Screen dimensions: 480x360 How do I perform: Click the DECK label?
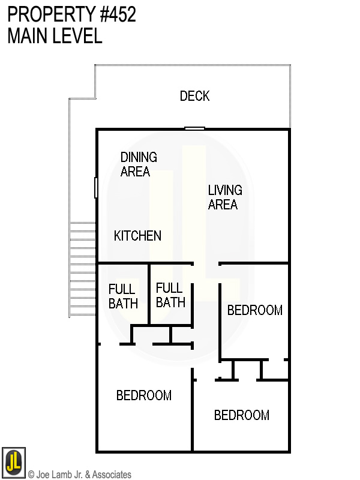pyautogui.click(x=195, y=96)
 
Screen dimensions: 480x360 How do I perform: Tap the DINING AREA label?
pyautogui.click(x=139, y=164)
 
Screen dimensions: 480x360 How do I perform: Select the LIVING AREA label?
pyautogui.click(x=225, y=197)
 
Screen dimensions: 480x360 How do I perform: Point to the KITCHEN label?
pyautogui.click(x=137, y=236)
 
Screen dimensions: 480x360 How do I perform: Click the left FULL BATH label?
pyautogui.click(x=123, y=296)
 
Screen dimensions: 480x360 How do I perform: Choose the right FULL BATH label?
pyautogui.click(x=170, y=295)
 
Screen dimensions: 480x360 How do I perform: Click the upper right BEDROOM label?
pyautogui.click(x=254, y=310)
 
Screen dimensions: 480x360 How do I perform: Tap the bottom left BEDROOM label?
pyautogui.click(x=144, y=395)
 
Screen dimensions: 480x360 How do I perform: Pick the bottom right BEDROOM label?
pyautogui.click(x=241, y=415)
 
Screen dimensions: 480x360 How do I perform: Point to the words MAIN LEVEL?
pyautogui.click(x=55, y=36)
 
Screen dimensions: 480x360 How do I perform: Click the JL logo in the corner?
pyautogui.click(x=13, y=461)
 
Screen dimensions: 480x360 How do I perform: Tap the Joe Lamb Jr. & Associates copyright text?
pyautogui.click(x=80, y=475)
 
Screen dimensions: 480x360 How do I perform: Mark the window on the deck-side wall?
pyautogui.click(x=194, y=128)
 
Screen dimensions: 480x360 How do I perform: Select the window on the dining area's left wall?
pyautogui.click(x=96, y=187)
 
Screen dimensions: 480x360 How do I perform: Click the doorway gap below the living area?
pyautogui.click(x=206, y=263)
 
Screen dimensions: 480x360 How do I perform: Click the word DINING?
pyautogui.click(x=139, y=157)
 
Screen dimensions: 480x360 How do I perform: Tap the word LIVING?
pyautogui.click(x=225, y=190)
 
